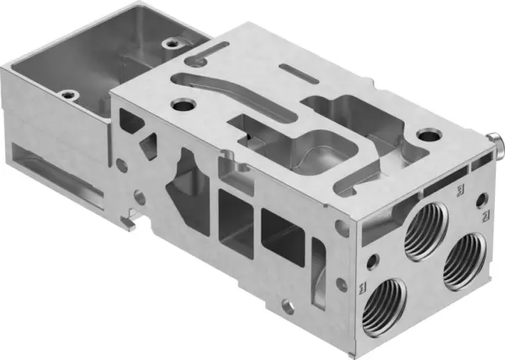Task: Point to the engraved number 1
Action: [362, 289]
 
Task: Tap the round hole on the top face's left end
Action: [181, 106]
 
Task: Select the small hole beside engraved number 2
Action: [481, 199]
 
